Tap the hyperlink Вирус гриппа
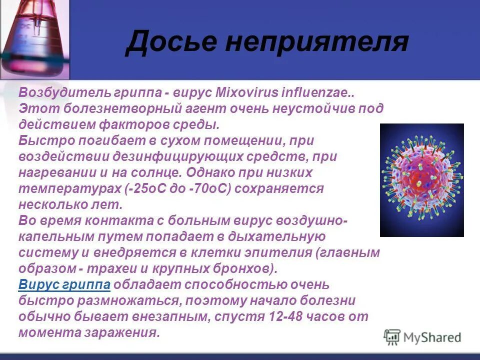tap(64, 284)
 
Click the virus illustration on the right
tap(421, 180)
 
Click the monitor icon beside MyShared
tap(392, 337)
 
